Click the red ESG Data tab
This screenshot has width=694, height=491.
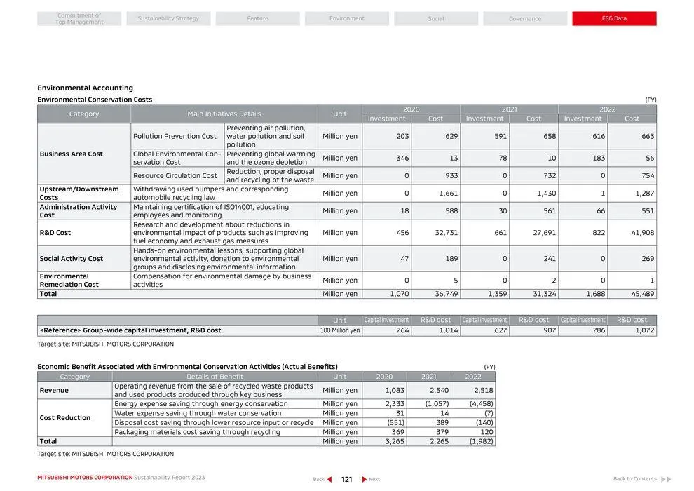614,18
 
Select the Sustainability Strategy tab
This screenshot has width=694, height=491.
168,18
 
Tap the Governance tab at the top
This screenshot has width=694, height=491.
525,18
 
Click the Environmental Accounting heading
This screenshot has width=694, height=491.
85,88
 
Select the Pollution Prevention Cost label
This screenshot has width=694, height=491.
175,136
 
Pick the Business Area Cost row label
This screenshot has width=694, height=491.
72,154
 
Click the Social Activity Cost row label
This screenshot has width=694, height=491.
72,259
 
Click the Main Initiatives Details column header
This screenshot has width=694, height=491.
224,114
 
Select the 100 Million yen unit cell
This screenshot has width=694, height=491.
340,330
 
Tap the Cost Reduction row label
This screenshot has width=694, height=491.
65,418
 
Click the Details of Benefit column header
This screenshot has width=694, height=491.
215,377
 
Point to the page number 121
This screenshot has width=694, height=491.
346,480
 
